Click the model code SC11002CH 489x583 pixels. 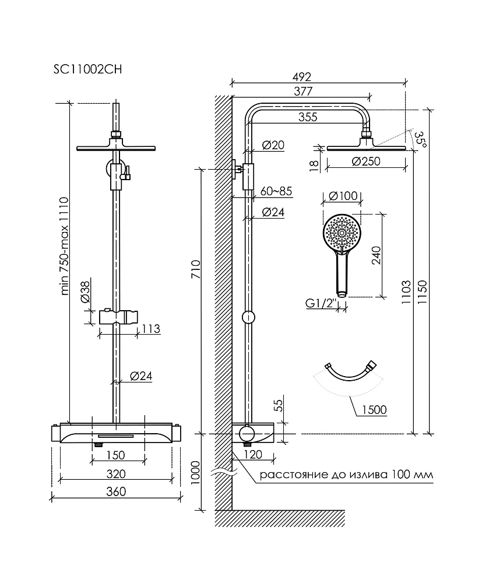[x=87, y=69]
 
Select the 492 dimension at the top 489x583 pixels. [x=301, y=77]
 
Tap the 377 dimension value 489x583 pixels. [x=303, y=91]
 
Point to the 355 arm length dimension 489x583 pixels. [x=308, y=117]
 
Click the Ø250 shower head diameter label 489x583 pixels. [x=365, y=161]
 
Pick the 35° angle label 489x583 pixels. [x=421, y=139]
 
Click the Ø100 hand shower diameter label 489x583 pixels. [x=343, y=195]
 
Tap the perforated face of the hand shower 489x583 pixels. [x=342, y=233]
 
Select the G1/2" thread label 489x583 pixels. [x=321, y=303]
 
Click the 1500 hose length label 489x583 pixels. [x=374, y=410]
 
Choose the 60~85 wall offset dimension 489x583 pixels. [x=276, y=191]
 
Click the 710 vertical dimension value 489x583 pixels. [x=195, y=269]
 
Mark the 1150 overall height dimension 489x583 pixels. [x=423, y=292]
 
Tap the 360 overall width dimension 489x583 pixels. [x=116, y=491]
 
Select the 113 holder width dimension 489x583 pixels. [x=150, y=329]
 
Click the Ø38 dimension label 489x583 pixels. [x=85, y=291]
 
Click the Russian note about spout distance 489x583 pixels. [x=346, y=475]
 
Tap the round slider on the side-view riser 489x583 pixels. [x=249, y=317]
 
